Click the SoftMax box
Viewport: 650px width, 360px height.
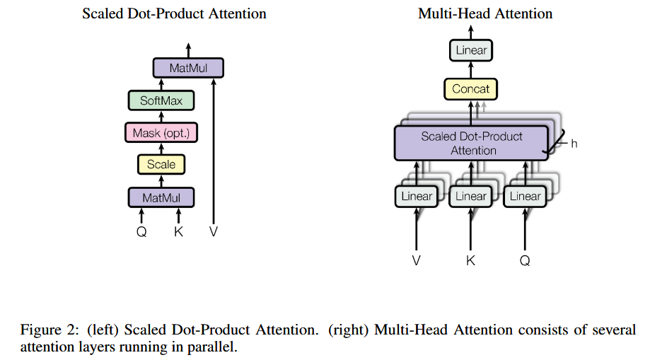point(161,100)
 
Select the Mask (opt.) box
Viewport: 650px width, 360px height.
point(161,133)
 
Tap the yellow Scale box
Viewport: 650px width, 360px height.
point(161,164)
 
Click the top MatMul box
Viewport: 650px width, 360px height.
point(188,68)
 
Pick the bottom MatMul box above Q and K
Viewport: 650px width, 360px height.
point(161,197)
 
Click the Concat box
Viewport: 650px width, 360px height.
point(470,88)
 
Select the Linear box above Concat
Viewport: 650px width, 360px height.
point(471,50)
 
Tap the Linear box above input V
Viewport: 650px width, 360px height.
point(417,196)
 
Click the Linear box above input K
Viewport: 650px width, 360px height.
point(471,196)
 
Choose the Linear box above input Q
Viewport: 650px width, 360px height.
point(526,196)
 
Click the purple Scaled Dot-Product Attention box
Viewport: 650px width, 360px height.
point(471,143)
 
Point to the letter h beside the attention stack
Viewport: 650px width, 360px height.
point(574,144)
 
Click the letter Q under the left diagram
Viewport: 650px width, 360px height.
point(141,231)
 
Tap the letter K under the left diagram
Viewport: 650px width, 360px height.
point(178,231)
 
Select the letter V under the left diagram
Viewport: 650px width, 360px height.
point(214,231)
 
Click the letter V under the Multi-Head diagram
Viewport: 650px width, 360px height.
point(416,260)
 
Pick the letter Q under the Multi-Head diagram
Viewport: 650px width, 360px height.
point(525,261)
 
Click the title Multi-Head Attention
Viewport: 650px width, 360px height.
point(485,13)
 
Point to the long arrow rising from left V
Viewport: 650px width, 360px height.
point(214,151)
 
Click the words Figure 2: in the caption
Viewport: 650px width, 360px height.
point(50,330)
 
